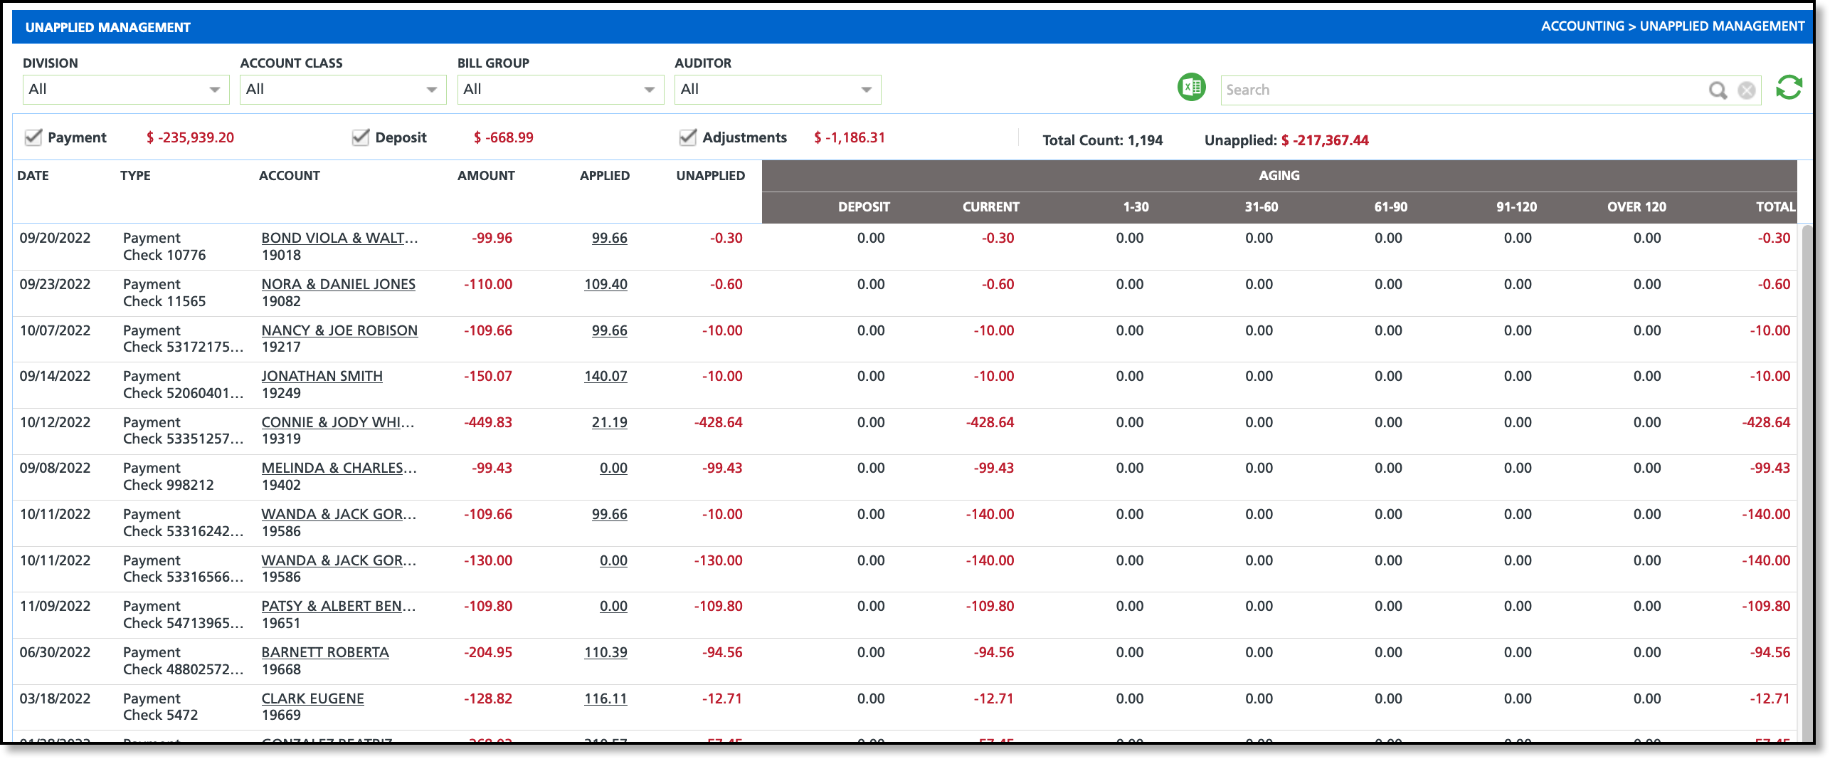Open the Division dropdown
tap(125, 90)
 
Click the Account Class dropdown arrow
tap(431, 90)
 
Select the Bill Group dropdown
tap(560, 90)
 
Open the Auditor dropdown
tap(777, 90)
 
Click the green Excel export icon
tap(1191, 88)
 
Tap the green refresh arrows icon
tap(1789, 88)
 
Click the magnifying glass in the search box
tap(1718, 90)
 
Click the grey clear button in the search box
tap(1747, 90)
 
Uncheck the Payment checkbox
tap(33, 137)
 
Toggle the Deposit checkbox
tap(361, 137)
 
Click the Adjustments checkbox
tap(687, 137)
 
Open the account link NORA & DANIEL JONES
tap(338, 284)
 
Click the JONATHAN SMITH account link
tap(322, 376)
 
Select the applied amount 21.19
tap(609, 422)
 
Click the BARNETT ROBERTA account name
tap(325, 652)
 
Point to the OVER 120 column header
tap(1636, 207)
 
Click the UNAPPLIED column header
tap(710, 176)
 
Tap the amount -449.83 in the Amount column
tap(488, 422)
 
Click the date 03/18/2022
tap(55, 698)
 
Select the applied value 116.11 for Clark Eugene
tap(605, 698)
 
